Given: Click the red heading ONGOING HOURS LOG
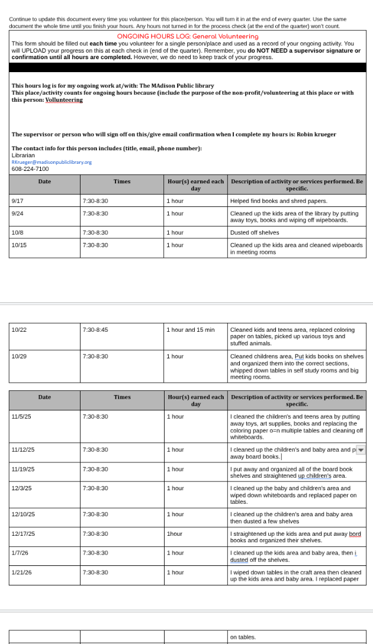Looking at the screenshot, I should pos(187,37).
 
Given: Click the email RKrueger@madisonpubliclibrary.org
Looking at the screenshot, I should pos(52,162).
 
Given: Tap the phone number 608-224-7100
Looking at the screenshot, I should pos(30,169).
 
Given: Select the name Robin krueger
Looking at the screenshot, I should pos(316,134).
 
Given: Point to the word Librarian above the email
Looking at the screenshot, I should pos(23,155).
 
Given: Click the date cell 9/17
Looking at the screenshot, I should pos(17,201).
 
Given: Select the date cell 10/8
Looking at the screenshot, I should pos(17,233).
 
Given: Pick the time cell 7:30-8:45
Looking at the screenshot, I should pos(95,330).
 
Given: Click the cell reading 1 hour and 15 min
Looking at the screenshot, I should pos(190,330).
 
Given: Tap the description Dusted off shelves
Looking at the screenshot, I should pos(255,233).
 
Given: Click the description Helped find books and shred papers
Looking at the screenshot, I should pos(278,201).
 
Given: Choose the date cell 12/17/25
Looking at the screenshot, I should pos(24,534).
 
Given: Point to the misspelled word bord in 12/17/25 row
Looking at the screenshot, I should pos(355,534).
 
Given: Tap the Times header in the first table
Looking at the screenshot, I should pos(122,182).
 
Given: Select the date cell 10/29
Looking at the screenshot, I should pos(19,357).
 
